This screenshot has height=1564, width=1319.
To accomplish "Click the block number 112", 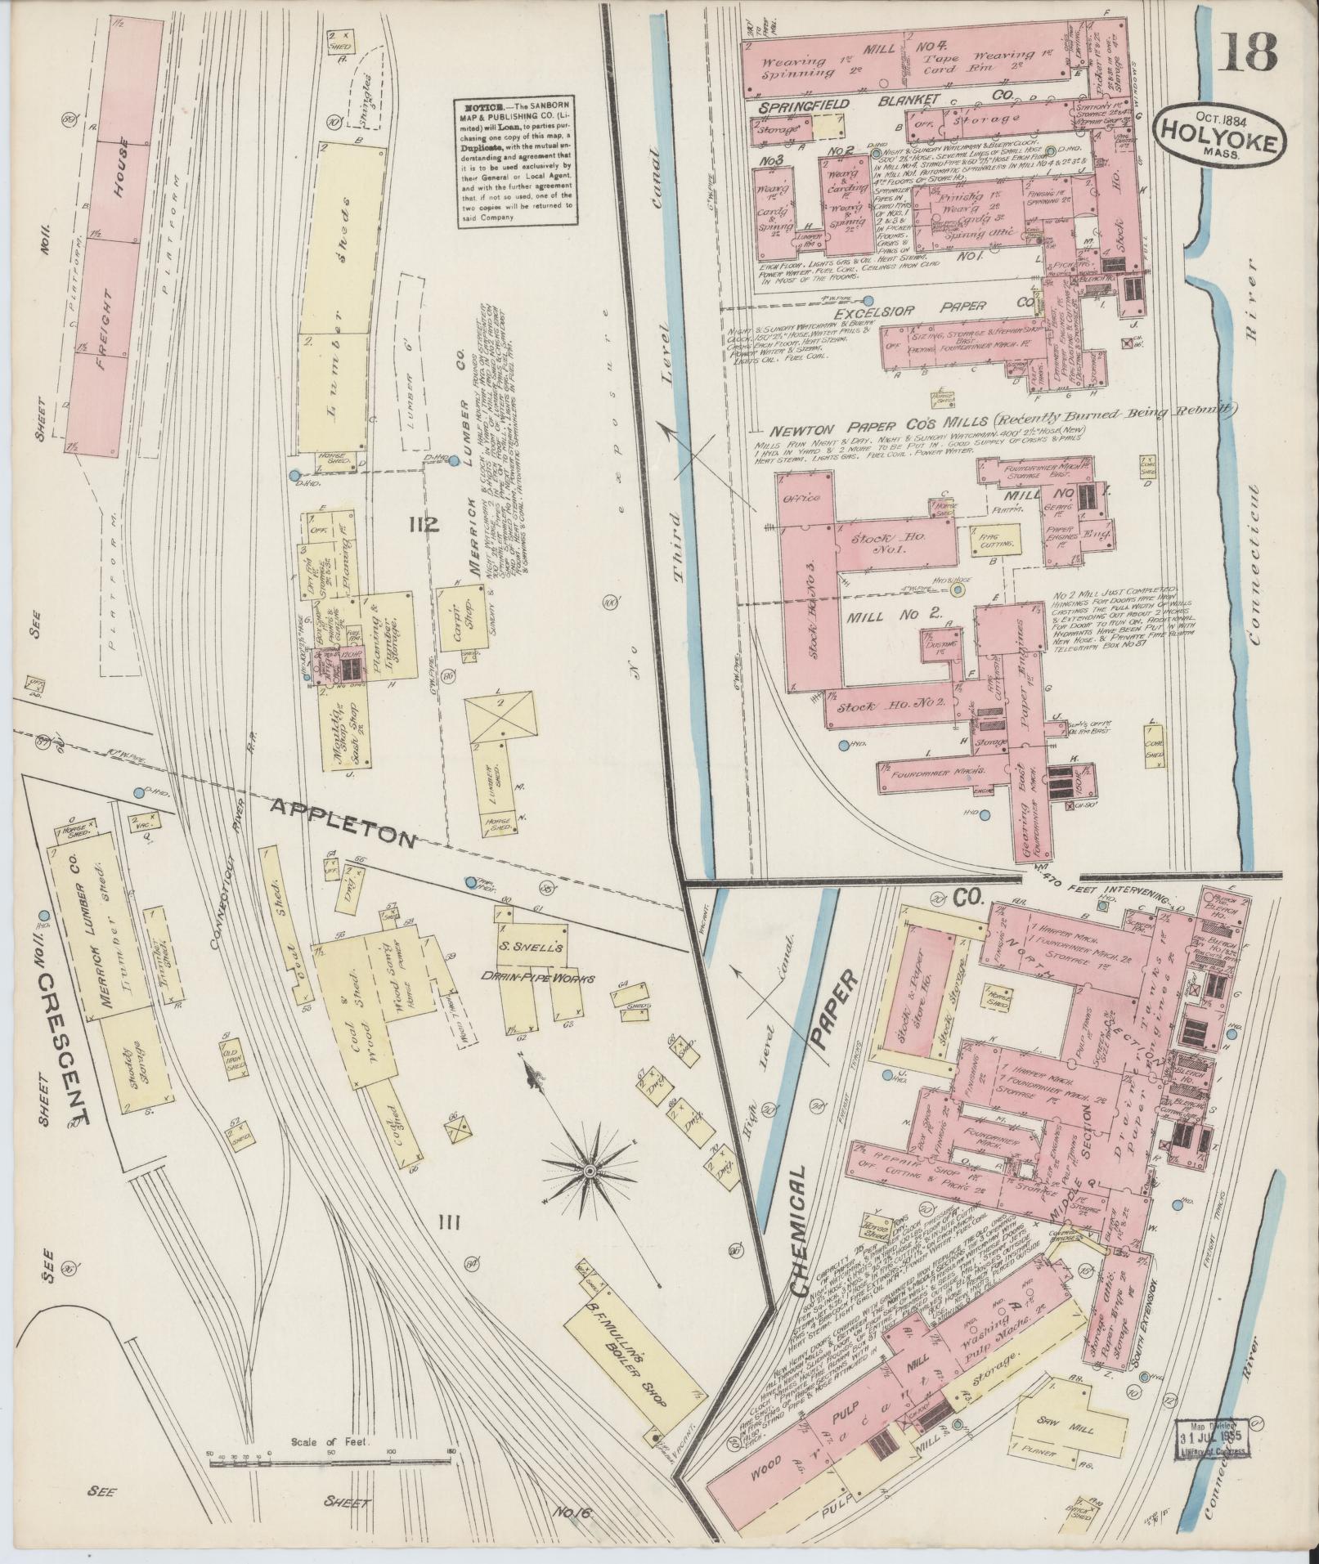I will coord(426,525).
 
